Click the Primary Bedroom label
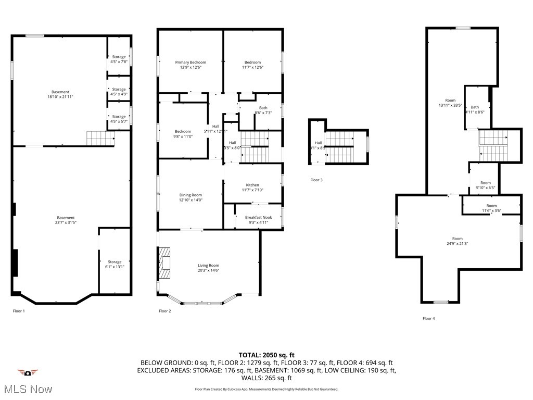coord(191,63)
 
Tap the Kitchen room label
coord(252,185)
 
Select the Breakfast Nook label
coord(258,217)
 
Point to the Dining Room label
coord(191,195)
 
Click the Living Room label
coord(208,265)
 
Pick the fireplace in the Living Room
coord(165,261)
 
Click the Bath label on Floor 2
coord(263,108)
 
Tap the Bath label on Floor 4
coord(475,107)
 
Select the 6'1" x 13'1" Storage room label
coord(115,262)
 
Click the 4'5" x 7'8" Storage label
coord(119,57)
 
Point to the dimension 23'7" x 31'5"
coord(66,222)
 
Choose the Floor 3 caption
coord(316,180)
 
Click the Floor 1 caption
coord(19,311)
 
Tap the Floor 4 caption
coord(428,318)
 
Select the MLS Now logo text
coord(27,389)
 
